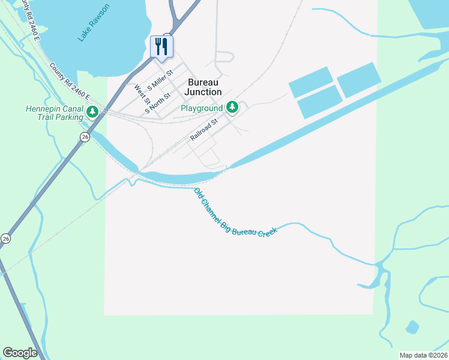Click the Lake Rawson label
(x=94, y=23)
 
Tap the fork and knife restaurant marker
(x=161, y=46)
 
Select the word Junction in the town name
(x=203, y=92)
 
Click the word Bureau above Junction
(x=203, y=82)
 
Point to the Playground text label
(x=202, y=109)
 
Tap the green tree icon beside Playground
(x=232, y=108)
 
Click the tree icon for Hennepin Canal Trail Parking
(x=92, y=112)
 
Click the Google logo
(x=20, y=353)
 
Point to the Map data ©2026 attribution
(x=423, y=355)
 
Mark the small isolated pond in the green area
(x=412, y=327)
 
